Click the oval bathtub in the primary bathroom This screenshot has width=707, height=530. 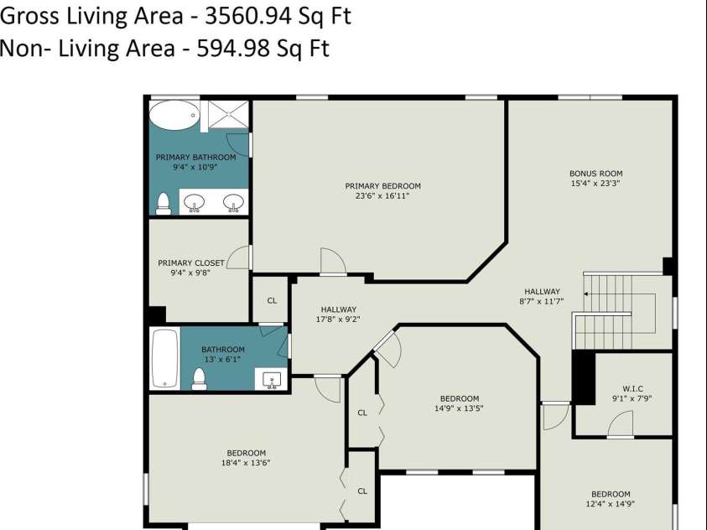pyautogui.click(x=174, y=115)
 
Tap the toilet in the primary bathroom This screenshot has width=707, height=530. pyautogui.click(x=163, y=204)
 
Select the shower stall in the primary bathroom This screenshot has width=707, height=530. pyautogui.click(x=228, y=115)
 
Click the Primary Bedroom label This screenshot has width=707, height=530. pyautogui.click(x=382, y=185)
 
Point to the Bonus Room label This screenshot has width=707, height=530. pyautogui.click(x=595, y=173)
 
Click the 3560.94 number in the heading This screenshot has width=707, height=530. pyautogui.click(x=249, y=17)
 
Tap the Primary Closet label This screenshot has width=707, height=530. pyautogui.click(x=190, y=262)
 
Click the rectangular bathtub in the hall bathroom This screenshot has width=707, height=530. pyautogui.click(x=165, y=358)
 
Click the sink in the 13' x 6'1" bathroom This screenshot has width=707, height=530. pyautogui.click(x=272, y=380)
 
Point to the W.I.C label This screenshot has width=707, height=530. pyautogui.click(x=632, y=388)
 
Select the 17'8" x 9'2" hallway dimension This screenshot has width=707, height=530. pyautogui.click(x=338, y=320)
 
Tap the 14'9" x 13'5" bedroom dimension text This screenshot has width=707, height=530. pyautogui.click(x=459, y=408)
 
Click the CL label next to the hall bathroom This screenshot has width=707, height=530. pyautogui.click(x=272, y=300)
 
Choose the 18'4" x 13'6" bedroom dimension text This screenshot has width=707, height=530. pyautogui.click(x=246, y=462)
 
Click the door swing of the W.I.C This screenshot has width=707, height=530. pyautogui.click(x=621, y=423)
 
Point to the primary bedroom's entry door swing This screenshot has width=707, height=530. pyautogui.click(x=333, y=261)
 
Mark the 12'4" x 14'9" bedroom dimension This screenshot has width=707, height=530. pyautogui.click(x=610, y=504)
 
